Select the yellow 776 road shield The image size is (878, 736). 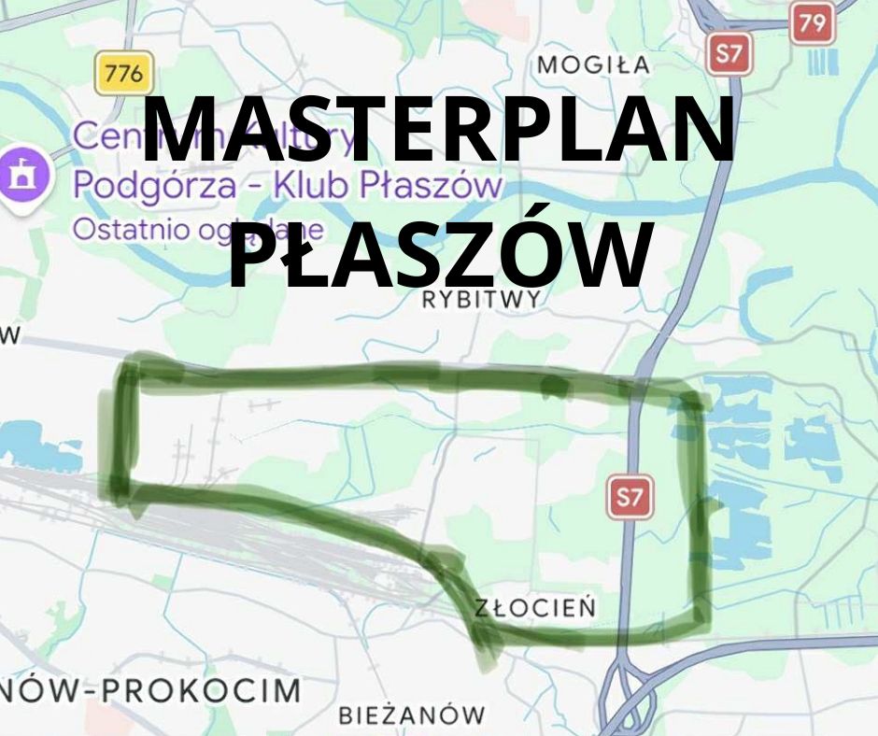coord(123,73)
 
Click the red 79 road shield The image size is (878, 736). coord(812,23)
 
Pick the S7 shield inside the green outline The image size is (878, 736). coord(630,498)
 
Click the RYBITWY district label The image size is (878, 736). coord(481,299)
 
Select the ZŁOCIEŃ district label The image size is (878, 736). coord(534,608)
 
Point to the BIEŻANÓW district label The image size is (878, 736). coord(412,716)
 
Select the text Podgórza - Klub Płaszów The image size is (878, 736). coord(288,185)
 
